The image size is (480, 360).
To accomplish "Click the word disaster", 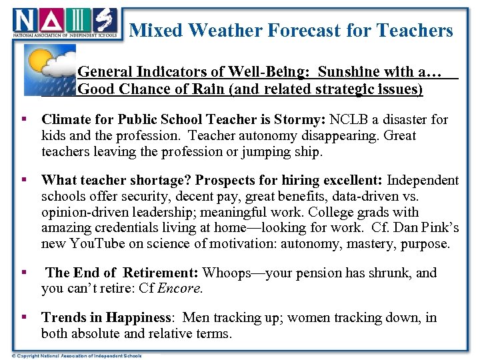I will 407,120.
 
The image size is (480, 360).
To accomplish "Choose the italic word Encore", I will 182,289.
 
